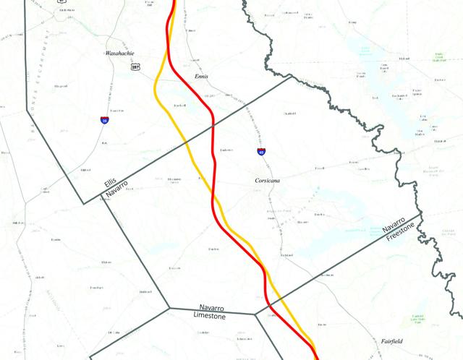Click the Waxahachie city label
(x=120, y=53)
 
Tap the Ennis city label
(x=202, y=76)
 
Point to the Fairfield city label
(x=396, y=340)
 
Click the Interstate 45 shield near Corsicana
(x=261, y=152)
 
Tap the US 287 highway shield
(x=135, y=66)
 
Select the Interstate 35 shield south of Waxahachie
(x=106, y=120)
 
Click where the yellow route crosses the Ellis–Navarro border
(x=185, y=142)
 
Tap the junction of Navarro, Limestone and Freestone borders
(x=255, y=314)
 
